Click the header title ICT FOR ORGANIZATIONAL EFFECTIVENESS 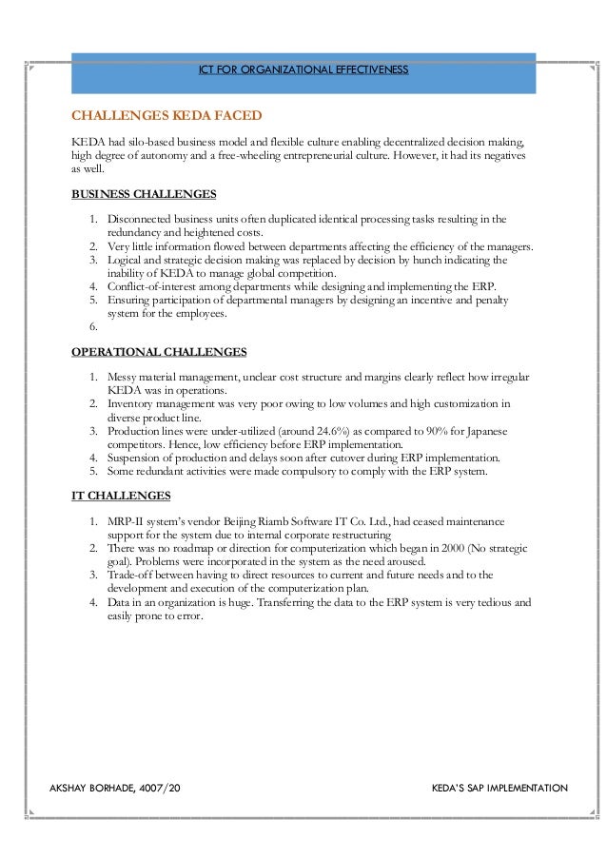coord(303,71)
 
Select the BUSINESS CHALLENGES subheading coord(144,195)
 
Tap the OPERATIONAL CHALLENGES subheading coord(159,352)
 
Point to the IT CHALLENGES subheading coord(121,496)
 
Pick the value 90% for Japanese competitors coord(421,430)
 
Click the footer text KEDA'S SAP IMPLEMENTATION coord(499,789)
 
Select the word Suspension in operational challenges coord(137,457)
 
